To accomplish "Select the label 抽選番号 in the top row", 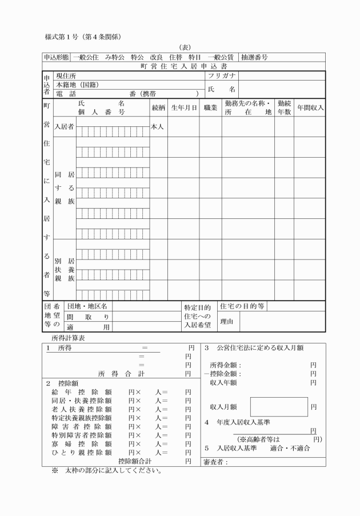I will click(254, 57).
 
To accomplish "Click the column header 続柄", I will click(158, 108).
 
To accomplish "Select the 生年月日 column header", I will click(183, 108).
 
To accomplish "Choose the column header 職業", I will click(210, 108).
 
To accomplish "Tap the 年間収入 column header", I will click(310, 108).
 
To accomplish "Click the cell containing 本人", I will click(158, 127).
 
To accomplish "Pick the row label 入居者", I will click(64, 127).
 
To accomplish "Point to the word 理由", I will click(227, 322).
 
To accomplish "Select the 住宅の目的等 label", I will click(242, 306).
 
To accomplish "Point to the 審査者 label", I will click(215, 462).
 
